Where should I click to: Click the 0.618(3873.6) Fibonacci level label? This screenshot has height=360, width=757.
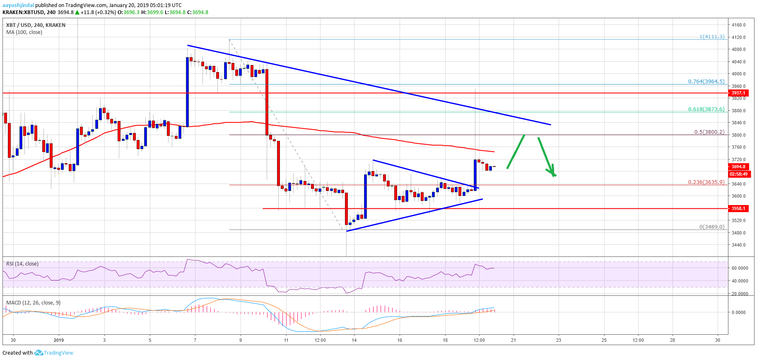click(706, 109)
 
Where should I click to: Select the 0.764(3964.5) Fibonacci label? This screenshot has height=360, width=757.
click(706, 82)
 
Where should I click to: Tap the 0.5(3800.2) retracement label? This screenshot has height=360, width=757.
click(709, 132)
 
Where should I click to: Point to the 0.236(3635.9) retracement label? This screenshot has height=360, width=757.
click(706, 182)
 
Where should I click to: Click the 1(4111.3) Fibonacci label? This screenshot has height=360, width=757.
click(712, 37)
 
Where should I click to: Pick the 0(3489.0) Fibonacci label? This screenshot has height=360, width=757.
click(712, 227)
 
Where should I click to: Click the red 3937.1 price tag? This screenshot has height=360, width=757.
click(738, 93)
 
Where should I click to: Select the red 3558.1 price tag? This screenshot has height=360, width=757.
click(738, 208)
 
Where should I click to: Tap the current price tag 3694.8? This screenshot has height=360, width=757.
click(738, 167)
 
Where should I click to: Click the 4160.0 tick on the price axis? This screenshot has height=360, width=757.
click(739, 25)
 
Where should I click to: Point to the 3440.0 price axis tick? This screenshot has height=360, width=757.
click(739, 245)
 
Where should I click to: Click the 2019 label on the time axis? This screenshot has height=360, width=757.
click(59, 340)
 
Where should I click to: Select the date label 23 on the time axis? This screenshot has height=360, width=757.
click(559, 340)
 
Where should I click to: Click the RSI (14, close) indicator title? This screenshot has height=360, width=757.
click(22, 264)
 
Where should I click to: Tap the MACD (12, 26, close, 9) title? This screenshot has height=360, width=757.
click(33, 303)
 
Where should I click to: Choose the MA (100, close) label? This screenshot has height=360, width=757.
click(24, 32)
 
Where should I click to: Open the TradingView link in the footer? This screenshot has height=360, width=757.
click(58, 353)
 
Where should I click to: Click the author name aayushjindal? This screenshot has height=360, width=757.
click(18, 5)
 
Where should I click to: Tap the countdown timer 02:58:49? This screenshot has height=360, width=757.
click(738, 174)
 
